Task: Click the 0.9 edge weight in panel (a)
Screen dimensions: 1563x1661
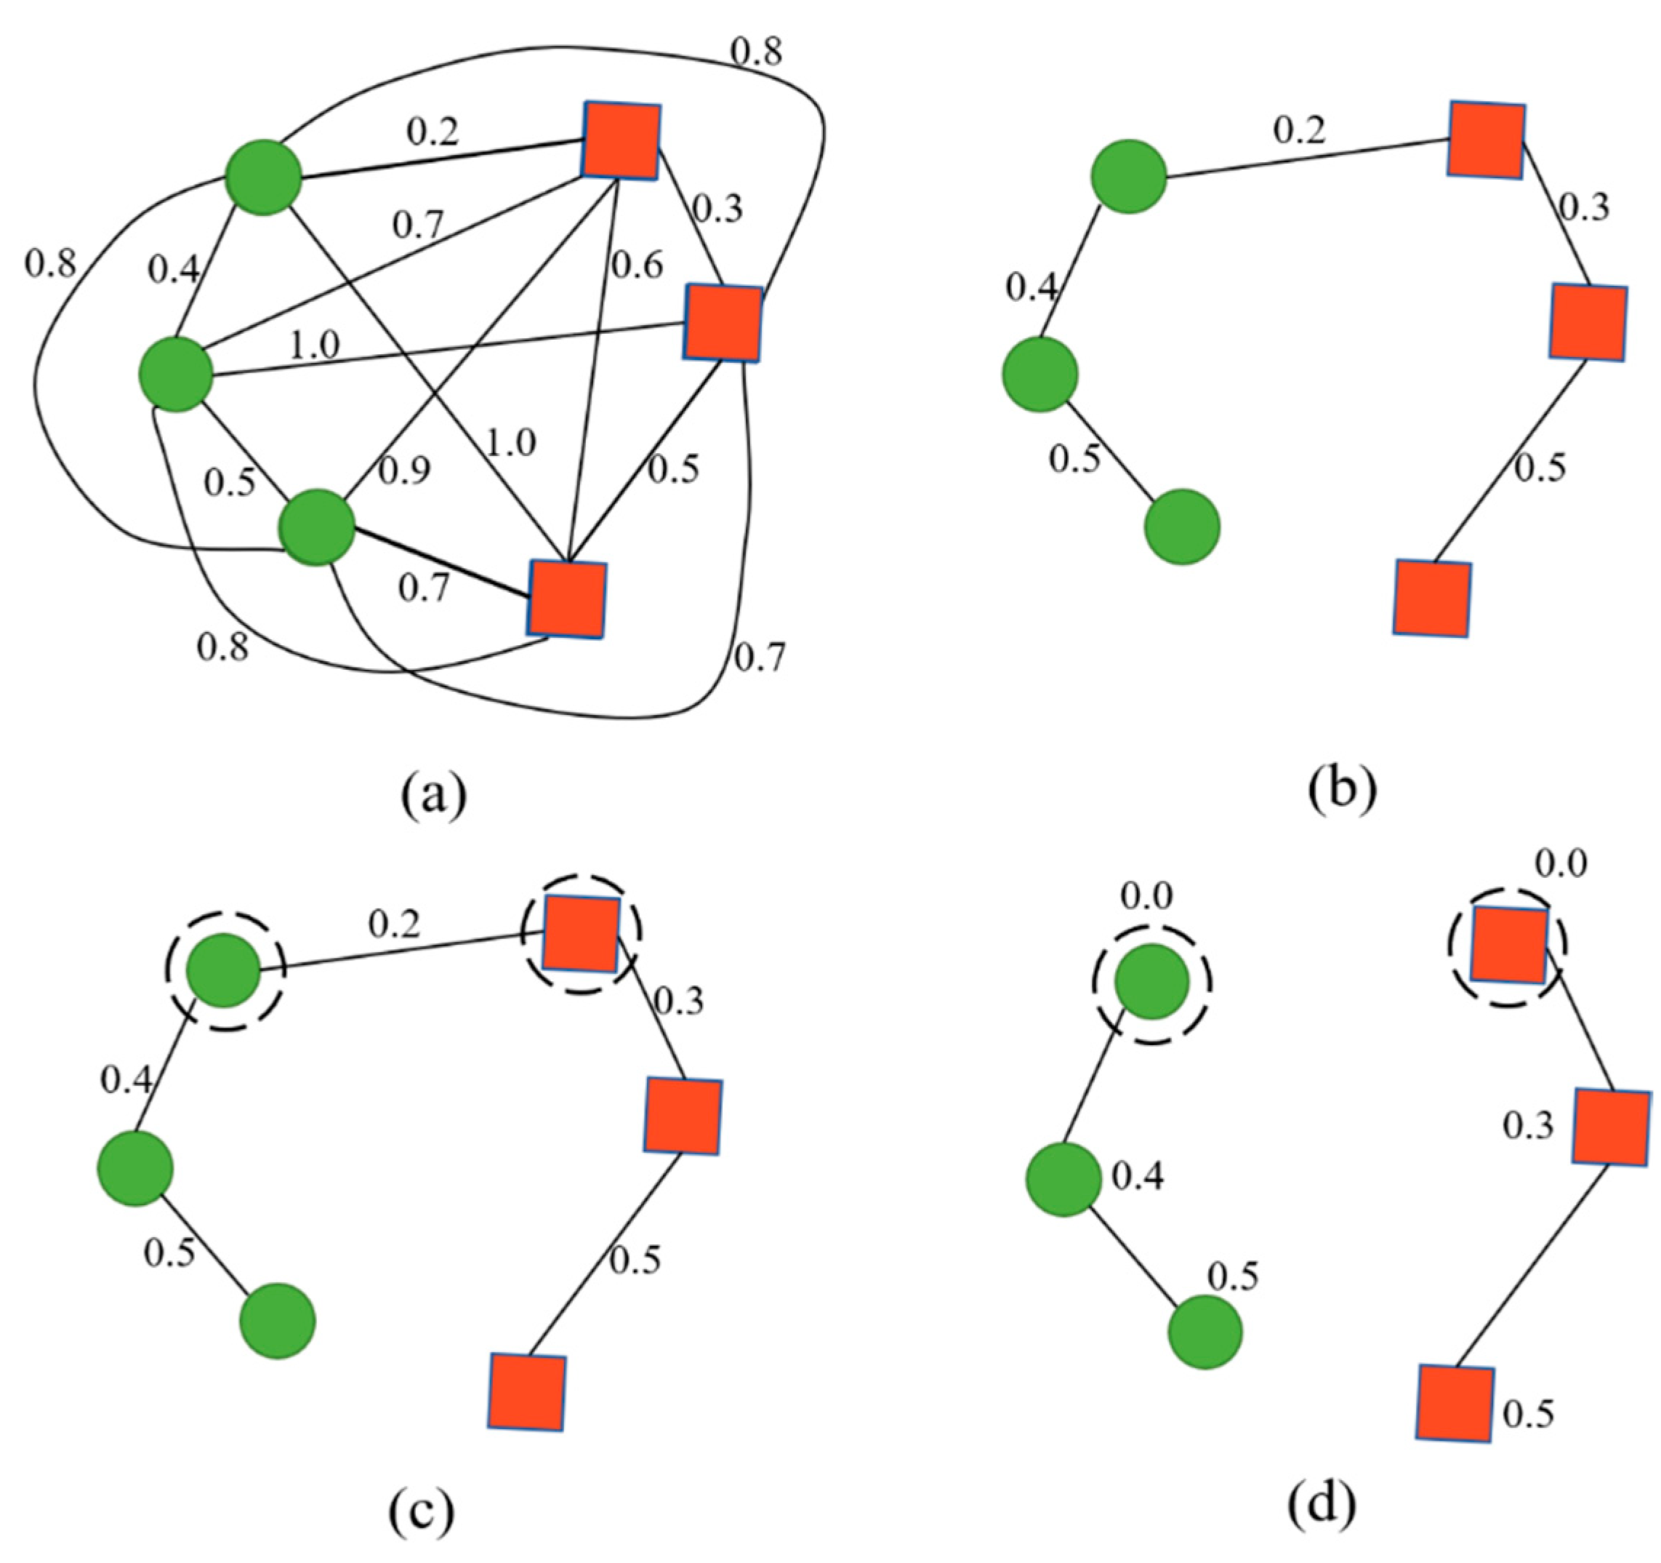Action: pyautogui.click(x=404, y=471)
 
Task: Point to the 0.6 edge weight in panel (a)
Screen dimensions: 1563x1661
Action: pyautogui.click(x=638, y=265)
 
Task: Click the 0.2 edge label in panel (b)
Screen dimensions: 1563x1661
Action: pyautogui.click(x=1299, y=129)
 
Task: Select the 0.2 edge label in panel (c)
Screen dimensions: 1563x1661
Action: pyautogui.click(x=395, y=924)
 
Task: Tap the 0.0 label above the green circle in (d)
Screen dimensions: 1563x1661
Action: pyautogui.click(x=1146, y=897)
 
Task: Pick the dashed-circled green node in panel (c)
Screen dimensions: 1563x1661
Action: pyautogui.click(x=224, y=970)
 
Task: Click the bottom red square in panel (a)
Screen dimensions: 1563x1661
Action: pyautogui.click(x=566, y=600)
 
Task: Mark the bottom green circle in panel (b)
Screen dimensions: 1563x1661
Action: pyautogui.click(x=1182, y=527)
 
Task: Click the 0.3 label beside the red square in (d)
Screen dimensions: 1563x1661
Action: pyautogui.click(x=1528, y=1127)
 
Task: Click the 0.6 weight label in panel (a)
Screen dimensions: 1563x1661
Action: pyautogui.click(x=638, y=265)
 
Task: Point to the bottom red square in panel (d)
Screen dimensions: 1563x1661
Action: pyautogui.click(x=1455, y=1404)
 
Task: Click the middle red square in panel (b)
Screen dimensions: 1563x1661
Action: pyautogui.click(x=1588, y=321)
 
